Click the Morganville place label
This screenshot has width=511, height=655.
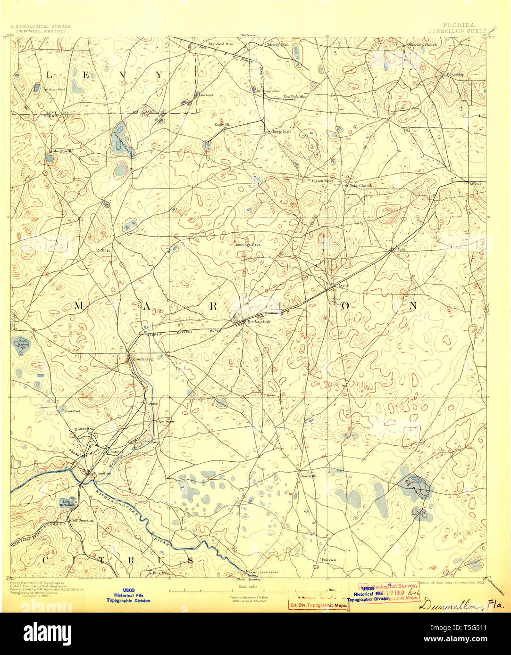64,151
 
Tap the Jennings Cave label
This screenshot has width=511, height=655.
248,245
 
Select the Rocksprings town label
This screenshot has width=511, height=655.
259,321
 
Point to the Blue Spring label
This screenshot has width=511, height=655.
142,359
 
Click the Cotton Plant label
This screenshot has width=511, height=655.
322,180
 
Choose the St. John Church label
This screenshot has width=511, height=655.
359,186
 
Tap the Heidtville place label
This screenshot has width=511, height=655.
309,476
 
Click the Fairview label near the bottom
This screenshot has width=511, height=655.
329,560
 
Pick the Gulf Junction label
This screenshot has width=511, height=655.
82,520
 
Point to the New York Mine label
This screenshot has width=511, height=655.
295,97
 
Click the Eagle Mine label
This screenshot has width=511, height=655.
224,124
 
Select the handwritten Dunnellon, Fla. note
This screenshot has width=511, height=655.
461,604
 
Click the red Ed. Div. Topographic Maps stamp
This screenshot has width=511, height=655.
318,605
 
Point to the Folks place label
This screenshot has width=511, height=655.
105,251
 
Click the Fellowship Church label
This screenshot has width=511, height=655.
421,45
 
